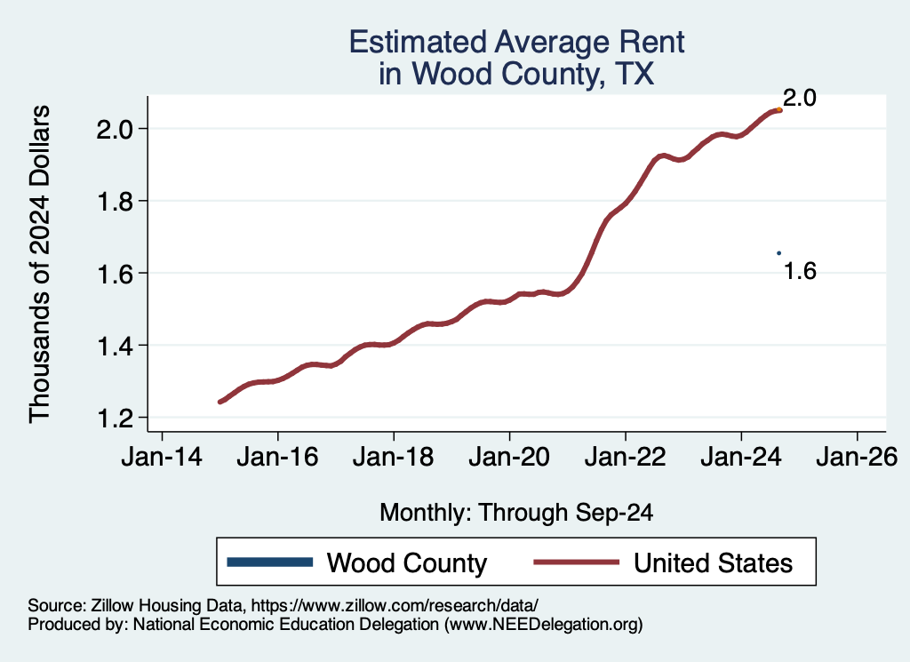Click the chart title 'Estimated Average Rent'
tap(517, 42)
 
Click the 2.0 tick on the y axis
tap(114, 129)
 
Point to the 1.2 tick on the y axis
tap(114, 417)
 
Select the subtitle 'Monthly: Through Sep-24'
tap(517, 513)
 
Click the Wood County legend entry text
tap(407, 562)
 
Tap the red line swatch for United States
tap(575, 562)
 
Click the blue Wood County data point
tap(778, 253)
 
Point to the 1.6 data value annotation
tap(800, 272)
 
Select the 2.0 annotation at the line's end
tap(800, 99)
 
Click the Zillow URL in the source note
tap(395, 605)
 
